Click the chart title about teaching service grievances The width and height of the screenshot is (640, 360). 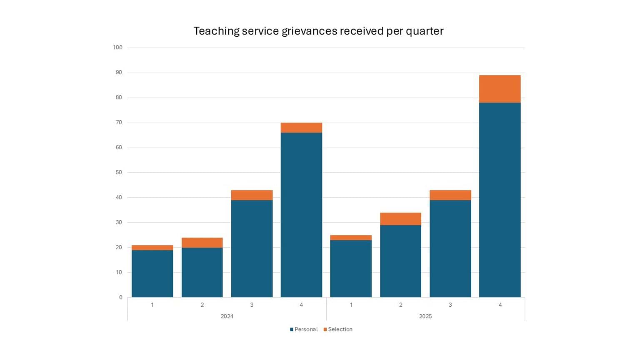[x=318, y=31]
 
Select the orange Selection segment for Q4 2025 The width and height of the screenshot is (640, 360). [x=500, y=89]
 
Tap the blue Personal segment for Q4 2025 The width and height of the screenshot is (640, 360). [x=500, y=200]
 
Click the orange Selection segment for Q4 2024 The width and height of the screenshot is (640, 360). [x=301, y=128]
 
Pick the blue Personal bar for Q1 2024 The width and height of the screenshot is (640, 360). [x=152, y=274]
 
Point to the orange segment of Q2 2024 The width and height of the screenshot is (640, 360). [x=202, y=242]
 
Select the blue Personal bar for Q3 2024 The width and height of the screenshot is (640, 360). [x=252, y=249]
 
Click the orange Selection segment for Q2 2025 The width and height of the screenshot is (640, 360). [x=400, y=219]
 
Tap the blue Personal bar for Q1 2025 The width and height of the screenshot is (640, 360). [x=351, y=269]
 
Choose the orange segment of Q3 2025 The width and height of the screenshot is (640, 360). [x=450, y=195]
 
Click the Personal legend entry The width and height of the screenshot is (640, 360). [x=304, y=329]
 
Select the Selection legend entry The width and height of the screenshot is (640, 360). [x=338, y=329]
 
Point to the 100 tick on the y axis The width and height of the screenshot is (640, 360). [x=117, y=47]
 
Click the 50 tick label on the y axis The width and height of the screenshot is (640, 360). [x=119, y=172]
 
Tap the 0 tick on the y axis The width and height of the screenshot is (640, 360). [x=121, y=297]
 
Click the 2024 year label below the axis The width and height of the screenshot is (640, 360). [x=227, y=316]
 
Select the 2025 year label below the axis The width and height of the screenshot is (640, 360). [x=425, y=316]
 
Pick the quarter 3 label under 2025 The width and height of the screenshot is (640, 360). [x=450, y=305]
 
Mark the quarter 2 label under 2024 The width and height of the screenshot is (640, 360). [x=202, y=305]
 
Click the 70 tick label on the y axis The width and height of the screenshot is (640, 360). [x=119, y=122]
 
